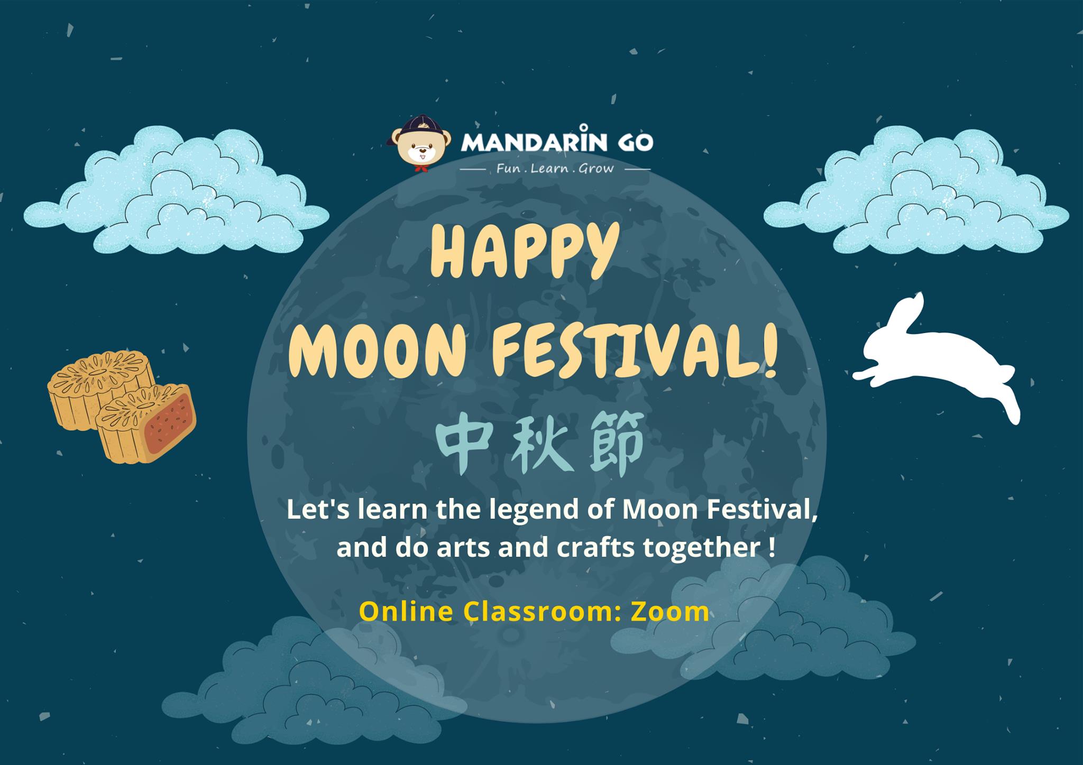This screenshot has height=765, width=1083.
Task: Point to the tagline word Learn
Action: pos(549,169)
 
